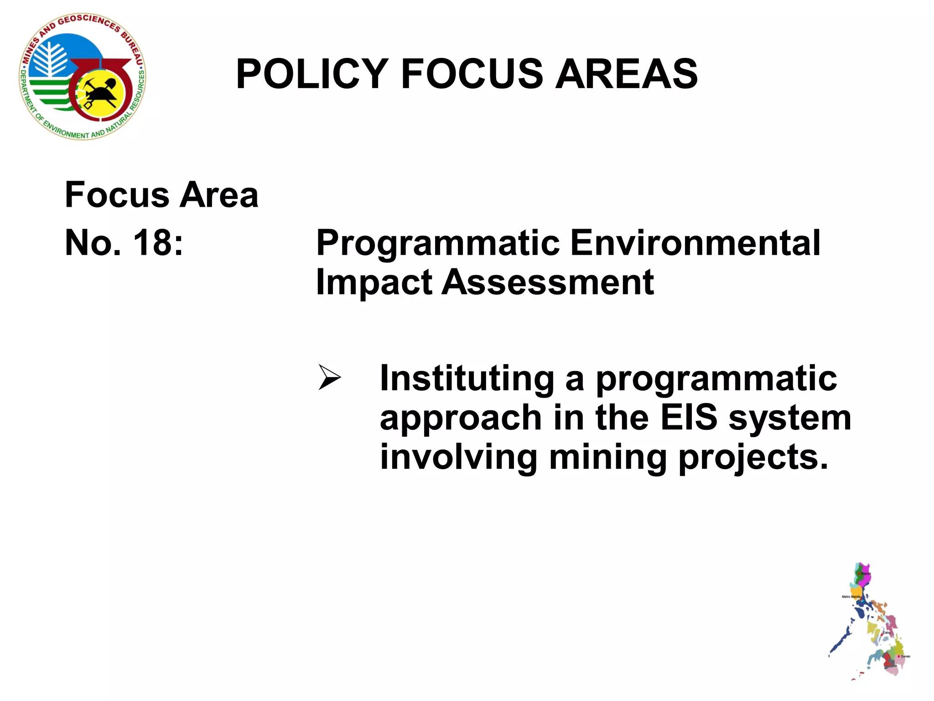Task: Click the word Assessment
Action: (547, 282)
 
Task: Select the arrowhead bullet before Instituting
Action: (329, 377)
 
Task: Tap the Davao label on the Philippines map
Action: (905, 656)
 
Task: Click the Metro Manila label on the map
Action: (851, 596)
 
